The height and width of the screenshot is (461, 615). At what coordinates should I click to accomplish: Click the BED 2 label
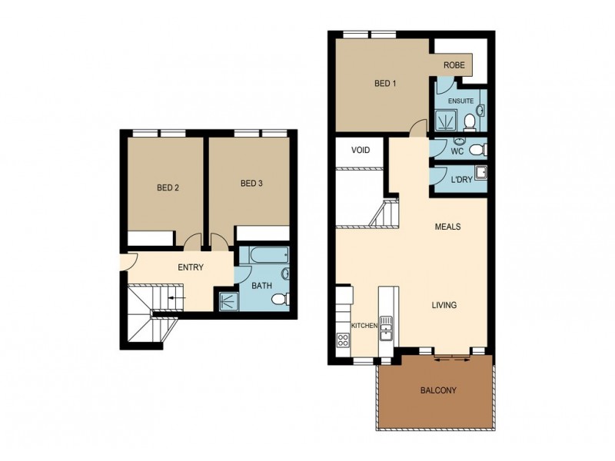(x=168, y=187)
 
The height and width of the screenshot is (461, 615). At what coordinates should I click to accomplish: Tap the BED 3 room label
(x=251, y=183)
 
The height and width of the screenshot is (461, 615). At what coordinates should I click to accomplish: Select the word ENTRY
(x=190, y=267)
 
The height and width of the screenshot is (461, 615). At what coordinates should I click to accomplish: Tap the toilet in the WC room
(x=476, y=149)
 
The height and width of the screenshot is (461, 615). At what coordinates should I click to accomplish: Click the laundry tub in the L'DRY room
(x=480, y=173)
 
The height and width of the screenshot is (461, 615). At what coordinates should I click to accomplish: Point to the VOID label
(x=361, y=150)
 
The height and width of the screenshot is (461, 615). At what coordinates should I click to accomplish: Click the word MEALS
(x=447, y=227)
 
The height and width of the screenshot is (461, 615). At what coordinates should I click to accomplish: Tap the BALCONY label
(x=438, y=390)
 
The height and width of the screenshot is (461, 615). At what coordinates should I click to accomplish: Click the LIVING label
(x=444, y=305)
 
